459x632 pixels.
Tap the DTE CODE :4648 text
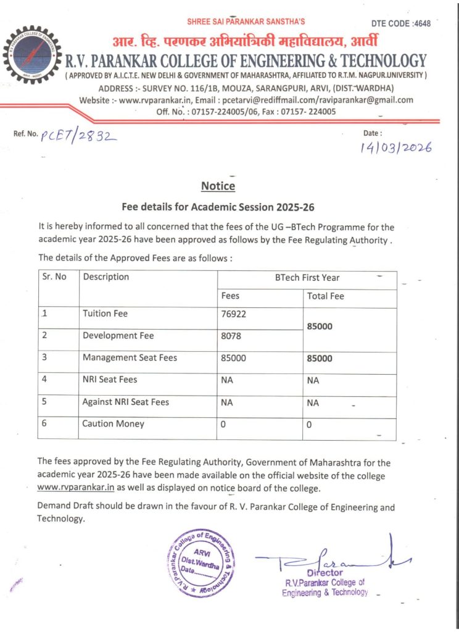(x=400, y=23)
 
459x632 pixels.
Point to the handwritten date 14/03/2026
(x=395, y=148)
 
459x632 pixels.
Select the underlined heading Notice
(x=218, y=186)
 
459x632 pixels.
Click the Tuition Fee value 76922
(x=234, y=314)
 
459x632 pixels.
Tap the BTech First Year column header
(x=307, y=278)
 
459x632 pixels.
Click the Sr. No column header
(x=54, y=276)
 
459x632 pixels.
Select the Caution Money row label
(x=113, y=424)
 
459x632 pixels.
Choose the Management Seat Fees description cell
(x=130, y=357)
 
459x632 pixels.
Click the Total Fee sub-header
(x=325, y=296)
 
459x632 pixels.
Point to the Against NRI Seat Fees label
(x=125, y=402)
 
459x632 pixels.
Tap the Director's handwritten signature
(x=333, y=561)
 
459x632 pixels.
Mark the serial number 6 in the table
(x=44, y=424)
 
